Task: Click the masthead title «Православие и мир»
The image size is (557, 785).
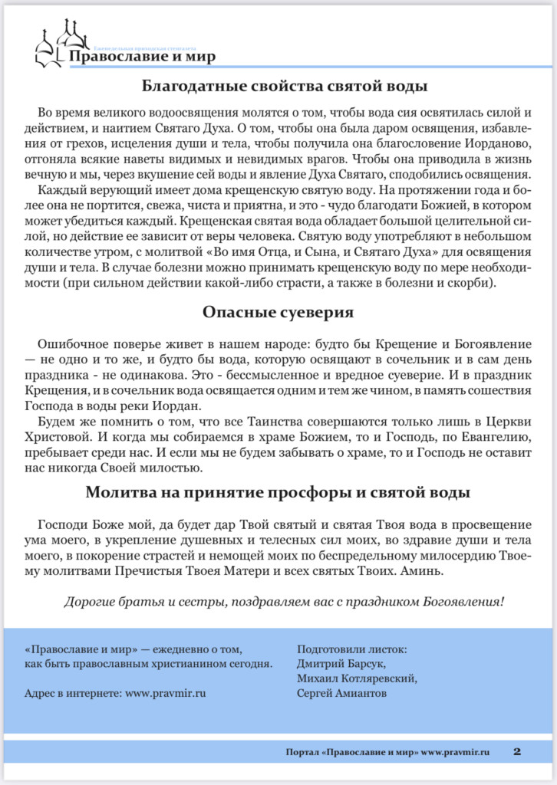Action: [142, 57]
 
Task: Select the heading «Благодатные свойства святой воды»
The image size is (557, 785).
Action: [278, 86]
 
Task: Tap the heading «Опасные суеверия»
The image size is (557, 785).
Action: [278, 312]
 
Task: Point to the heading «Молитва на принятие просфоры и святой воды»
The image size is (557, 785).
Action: [278, 492]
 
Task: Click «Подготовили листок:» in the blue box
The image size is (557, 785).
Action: [352, 649]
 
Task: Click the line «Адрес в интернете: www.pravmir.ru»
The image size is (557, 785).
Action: [116, 694]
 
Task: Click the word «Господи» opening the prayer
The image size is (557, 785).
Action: [62, 525]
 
